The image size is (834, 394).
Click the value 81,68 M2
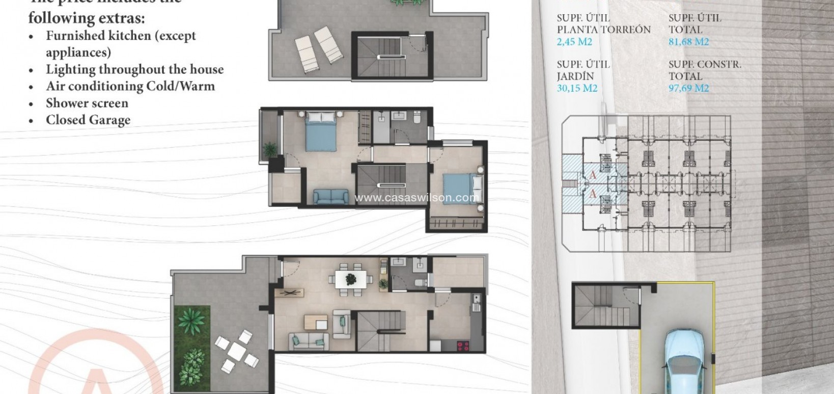688,42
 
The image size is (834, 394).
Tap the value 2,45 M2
574,42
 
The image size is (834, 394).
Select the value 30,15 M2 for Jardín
577,88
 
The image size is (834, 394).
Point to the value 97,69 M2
688,88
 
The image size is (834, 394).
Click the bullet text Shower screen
87,103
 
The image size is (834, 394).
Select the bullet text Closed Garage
88,120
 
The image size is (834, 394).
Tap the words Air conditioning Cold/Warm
130,86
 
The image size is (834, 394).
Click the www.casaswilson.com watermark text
416,198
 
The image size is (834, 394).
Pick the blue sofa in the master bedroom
330,196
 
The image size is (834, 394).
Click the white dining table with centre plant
351,279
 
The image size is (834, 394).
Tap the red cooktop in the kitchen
463,346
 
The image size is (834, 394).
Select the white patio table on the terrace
237,350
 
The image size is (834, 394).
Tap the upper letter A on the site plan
592,175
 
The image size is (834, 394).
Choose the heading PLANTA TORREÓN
603,30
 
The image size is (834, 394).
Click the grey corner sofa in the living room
308,341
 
